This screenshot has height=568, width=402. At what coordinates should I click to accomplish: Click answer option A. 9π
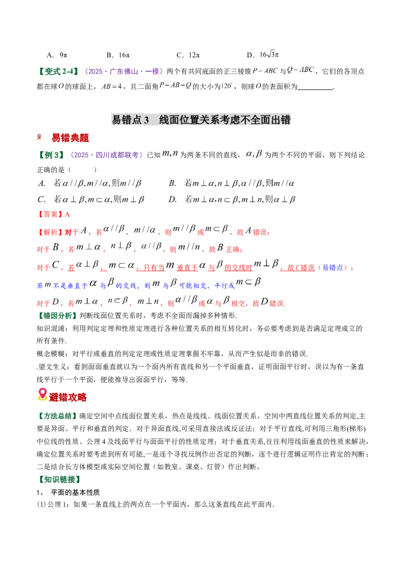click(x=57, y=55)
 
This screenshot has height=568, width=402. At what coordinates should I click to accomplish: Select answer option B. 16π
click(x=118, y=55)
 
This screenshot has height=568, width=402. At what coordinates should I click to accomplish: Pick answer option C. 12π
click(x=188, y=55)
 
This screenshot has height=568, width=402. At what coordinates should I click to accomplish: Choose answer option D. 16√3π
click(x=263, y=55)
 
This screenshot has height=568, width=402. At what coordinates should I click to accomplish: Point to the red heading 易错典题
click(x=70, y=137)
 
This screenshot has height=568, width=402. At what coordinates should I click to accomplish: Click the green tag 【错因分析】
click(x=57, y=316)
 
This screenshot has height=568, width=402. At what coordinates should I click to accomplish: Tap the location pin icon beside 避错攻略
click(x=42, y=394)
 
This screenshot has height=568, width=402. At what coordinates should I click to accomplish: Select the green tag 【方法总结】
click(x=57, y=416)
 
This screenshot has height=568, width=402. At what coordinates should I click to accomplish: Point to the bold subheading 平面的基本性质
click(x=75, y=492)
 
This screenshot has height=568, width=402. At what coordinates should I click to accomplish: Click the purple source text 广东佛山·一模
click(x=134, y=71)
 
